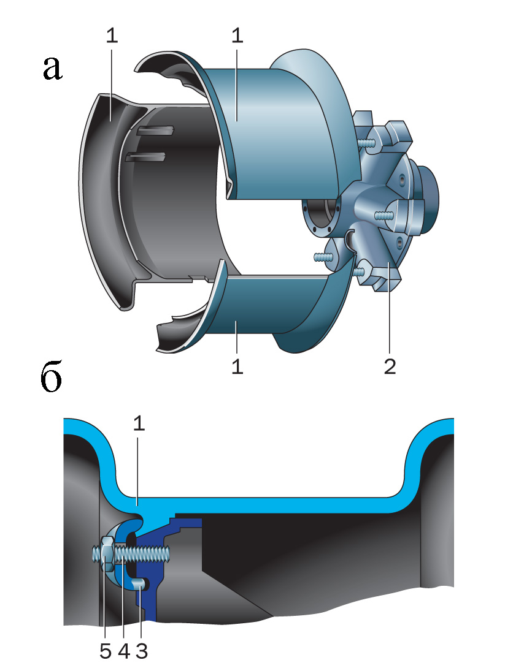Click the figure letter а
tap(53, 68)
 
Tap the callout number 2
tap(390, 366)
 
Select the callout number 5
tap(106, 651)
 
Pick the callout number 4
tap(123, 651)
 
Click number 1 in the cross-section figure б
tap(139, 424)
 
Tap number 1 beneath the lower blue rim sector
tap(237, 366)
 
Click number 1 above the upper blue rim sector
tap(237, 36)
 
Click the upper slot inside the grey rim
tap(156, 130)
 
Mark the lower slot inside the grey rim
tap(147, 157)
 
